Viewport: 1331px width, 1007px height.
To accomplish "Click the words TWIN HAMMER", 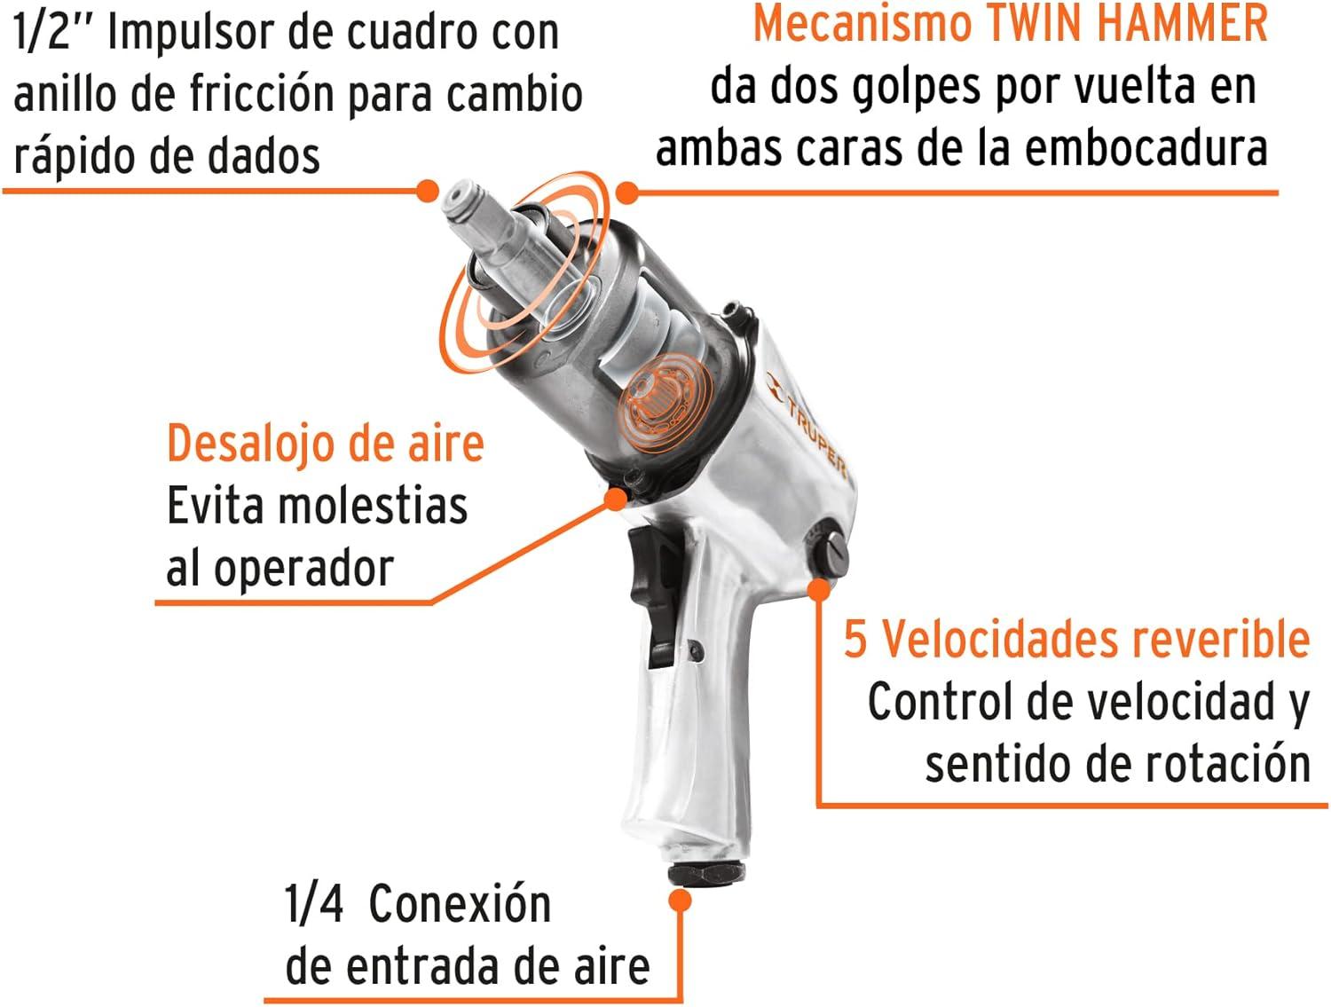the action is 1127,23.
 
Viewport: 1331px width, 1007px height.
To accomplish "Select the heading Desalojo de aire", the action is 326,444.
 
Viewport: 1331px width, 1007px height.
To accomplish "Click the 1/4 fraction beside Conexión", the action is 313,904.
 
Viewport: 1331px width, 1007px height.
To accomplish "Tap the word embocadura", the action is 1146,148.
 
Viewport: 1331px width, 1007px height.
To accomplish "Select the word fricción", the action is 260,95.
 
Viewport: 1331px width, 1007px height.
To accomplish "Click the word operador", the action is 304,569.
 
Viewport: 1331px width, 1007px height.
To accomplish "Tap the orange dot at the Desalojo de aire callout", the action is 617,499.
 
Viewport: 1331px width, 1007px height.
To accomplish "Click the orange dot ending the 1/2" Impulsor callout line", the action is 428,190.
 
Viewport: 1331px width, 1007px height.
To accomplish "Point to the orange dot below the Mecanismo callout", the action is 627,193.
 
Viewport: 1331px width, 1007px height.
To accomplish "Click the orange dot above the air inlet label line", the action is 681,901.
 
